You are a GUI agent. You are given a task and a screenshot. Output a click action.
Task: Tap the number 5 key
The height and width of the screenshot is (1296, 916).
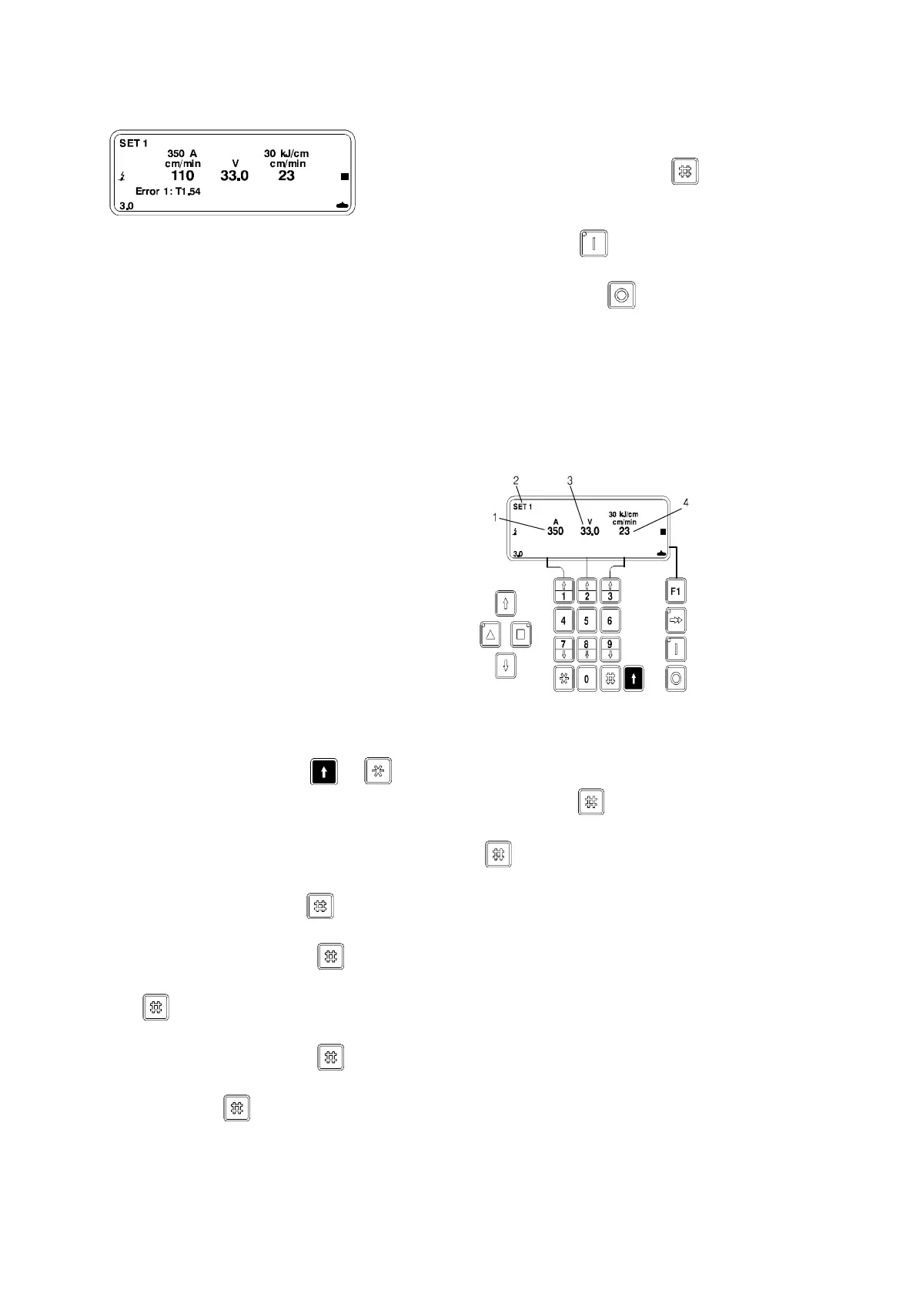pyautogui.click(x=587, y=620)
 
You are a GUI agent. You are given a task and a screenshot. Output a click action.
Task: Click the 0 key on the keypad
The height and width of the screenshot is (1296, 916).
pyautogui.click(x=587, y=679)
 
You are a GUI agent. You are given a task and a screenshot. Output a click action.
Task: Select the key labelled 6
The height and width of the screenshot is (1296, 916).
pyautogui.click(x=610, y=620)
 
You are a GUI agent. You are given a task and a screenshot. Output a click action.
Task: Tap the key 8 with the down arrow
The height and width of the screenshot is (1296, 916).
pyautogui.click(x=587, y=650)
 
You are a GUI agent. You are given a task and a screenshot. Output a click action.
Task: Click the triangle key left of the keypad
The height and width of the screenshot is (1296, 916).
pyautogui.click(x=490, y=635)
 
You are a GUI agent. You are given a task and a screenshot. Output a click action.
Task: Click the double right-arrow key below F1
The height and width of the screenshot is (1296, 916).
pyautogui.click(x=675, y=620)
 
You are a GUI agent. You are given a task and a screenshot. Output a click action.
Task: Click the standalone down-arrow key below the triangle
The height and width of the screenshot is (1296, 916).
pyautogui.click(x=505, y=666)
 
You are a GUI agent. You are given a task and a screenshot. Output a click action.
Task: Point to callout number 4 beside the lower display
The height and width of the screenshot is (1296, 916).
pyautogui.click(x=686, y=503)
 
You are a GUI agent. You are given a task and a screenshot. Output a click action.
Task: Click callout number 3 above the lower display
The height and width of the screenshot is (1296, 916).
pyautogui.click(x=570, y=481)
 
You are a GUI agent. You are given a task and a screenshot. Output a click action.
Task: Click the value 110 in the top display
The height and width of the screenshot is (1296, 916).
pyautogui.click(x=182, y=176)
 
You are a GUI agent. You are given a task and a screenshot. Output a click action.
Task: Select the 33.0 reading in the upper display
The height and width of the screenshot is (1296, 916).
pyautogui.click(x=235, y=176)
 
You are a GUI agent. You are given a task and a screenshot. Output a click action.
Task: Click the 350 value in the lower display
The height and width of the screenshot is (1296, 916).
pyautogui.click(x=555, y=532)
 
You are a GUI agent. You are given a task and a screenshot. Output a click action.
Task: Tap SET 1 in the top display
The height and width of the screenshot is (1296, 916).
pyautogui.click(x=134, y=143)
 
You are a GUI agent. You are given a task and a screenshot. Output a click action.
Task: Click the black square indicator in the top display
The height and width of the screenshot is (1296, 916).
pyautogui.click(x=345, y=177)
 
